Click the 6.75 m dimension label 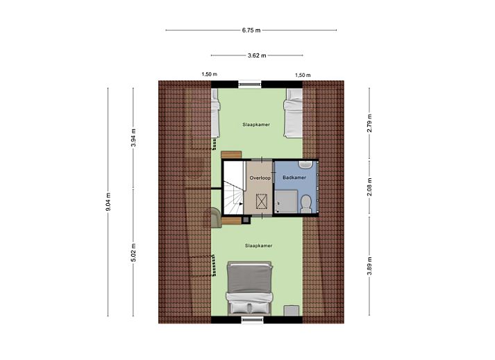[x=251, y=30]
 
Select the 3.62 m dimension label [x=257, y=55]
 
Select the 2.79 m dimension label [x=369, y=122]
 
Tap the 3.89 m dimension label [x=369, y=266]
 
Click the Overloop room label [x=260, y=178]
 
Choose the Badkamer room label [x=294, y=178]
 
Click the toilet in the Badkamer [x=306, y=203]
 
